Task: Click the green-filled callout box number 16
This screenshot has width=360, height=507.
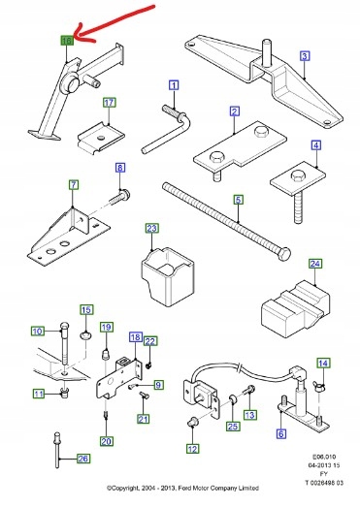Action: coord(66,42)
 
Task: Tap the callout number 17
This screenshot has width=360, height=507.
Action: coord(109,102)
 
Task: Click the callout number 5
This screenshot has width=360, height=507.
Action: coord(236,200)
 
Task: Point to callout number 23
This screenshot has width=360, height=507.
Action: coord(150,229)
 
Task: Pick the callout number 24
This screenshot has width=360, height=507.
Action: coord(314,263)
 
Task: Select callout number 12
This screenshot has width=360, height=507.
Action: coord(193,448)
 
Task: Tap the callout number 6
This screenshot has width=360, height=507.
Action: coord(280,435)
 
